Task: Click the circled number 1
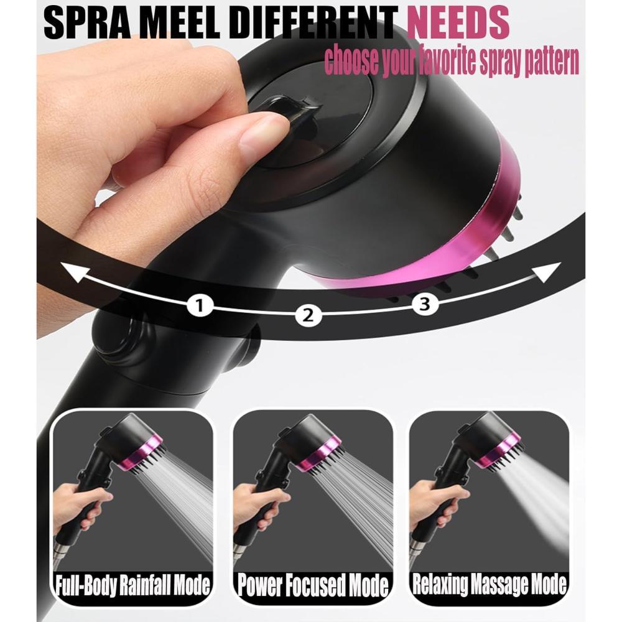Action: [200, 306]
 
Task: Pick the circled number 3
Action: [424, 305]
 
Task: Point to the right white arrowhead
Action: [547, 272]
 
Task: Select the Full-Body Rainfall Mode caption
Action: [132, 584]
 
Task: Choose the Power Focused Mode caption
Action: [313, 584]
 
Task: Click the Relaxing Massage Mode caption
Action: [490, 583]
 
